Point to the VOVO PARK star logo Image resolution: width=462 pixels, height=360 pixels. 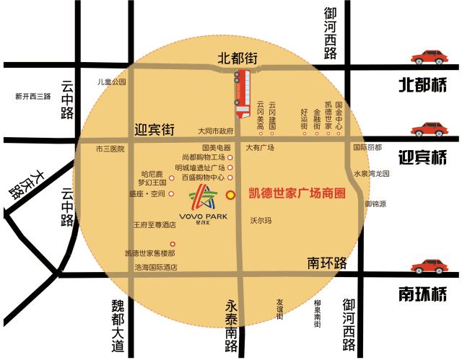(202, 196)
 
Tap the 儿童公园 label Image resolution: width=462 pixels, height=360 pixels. (112, 82)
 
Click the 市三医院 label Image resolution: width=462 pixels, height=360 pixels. (110, 149)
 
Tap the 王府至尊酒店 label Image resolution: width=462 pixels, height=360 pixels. (154, 225)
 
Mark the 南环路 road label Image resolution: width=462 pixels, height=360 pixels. (327, 261)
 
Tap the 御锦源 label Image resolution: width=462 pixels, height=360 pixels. (375, 204)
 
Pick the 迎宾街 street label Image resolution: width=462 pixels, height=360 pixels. (155, 131)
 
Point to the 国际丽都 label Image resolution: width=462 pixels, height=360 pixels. (367, 147)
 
